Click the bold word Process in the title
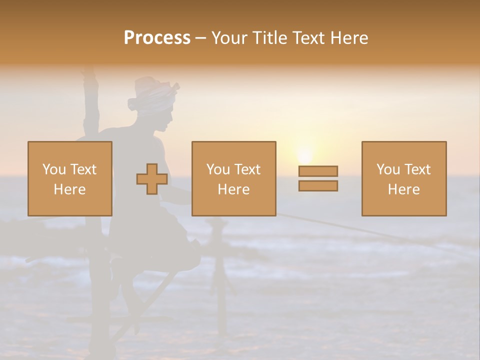coord(157,38)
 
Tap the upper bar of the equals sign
coord(318,171)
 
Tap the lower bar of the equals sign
coord(318,185)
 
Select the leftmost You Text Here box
coord(70,178)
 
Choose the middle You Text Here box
coord(233,178)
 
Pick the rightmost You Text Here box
coord(404,178)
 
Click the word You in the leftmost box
coord(53,169)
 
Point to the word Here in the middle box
coord(233,189)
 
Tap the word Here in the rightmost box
coord(404,189)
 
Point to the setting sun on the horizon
coord(304,153)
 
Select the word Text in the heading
coord(309,38)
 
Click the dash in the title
coord(201,38)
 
